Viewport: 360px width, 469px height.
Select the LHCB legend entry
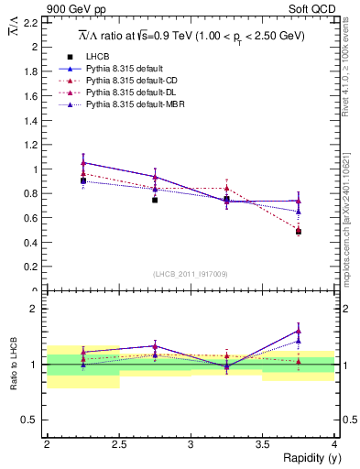tap(113, 57)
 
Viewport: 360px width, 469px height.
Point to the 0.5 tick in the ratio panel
tap(33, 420)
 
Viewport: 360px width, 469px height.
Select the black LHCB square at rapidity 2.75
tap(155, 200)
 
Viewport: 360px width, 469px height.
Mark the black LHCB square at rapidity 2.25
tap(83, 181)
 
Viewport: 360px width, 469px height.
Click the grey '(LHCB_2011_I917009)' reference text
tap(191, 273)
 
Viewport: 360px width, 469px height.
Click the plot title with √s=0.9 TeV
tap(191, 37)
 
